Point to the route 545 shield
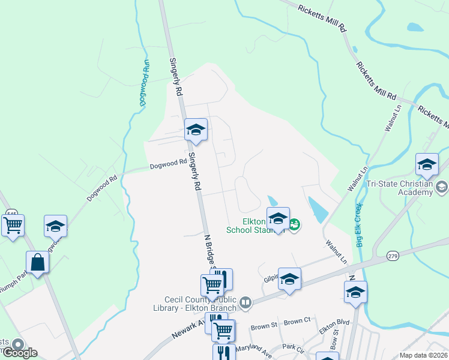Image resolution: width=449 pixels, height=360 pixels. [11, 214]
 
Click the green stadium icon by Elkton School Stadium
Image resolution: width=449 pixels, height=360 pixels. [294, 225]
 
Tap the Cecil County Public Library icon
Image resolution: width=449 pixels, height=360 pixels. [245, 304]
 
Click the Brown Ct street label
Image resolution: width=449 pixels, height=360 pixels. [298, 322]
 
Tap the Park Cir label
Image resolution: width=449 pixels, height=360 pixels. [294, 347]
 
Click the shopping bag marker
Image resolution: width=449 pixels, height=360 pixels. [37, 262]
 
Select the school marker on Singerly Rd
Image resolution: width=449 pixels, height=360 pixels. [196, 130]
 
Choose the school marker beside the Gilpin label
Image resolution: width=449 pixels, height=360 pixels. [289, 279]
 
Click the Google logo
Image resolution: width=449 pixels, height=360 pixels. [19, 352]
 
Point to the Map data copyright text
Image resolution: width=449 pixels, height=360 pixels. [424, 355]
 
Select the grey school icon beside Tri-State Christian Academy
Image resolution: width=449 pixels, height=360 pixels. [442, 188]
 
